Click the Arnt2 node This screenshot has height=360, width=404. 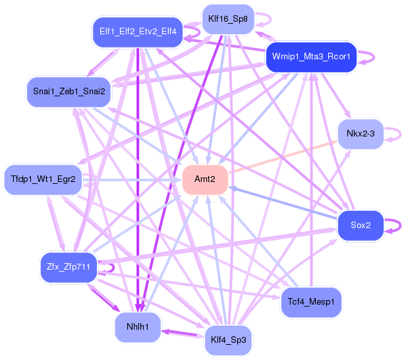coord(205,179)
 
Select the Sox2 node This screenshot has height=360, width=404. coord(361,225)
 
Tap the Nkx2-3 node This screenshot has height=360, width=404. coord(361,134)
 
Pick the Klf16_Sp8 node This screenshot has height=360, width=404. coord(228,19)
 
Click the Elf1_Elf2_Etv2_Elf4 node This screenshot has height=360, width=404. coord(138,32)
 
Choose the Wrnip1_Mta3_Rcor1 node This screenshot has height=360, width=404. coord(311,57)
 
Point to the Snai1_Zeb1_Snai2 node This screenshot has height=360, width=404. coord(69,92)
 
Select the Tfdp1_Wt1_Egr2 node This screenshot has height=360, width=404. coord(43,179)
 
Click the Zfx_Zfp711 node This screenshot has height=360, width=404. coord(69,267)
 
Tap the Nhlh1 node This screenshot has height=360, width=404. coord(138,327)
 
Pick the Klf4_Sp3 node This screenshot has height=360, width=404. coord(228,340)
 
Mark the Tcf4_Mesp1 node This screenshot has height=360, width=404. coord(311,302)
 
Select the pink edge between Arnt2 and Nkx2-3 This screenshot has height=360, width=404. coord(283,157)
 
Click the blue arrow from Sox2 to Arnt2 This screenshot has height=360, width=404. coord(283,203)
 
